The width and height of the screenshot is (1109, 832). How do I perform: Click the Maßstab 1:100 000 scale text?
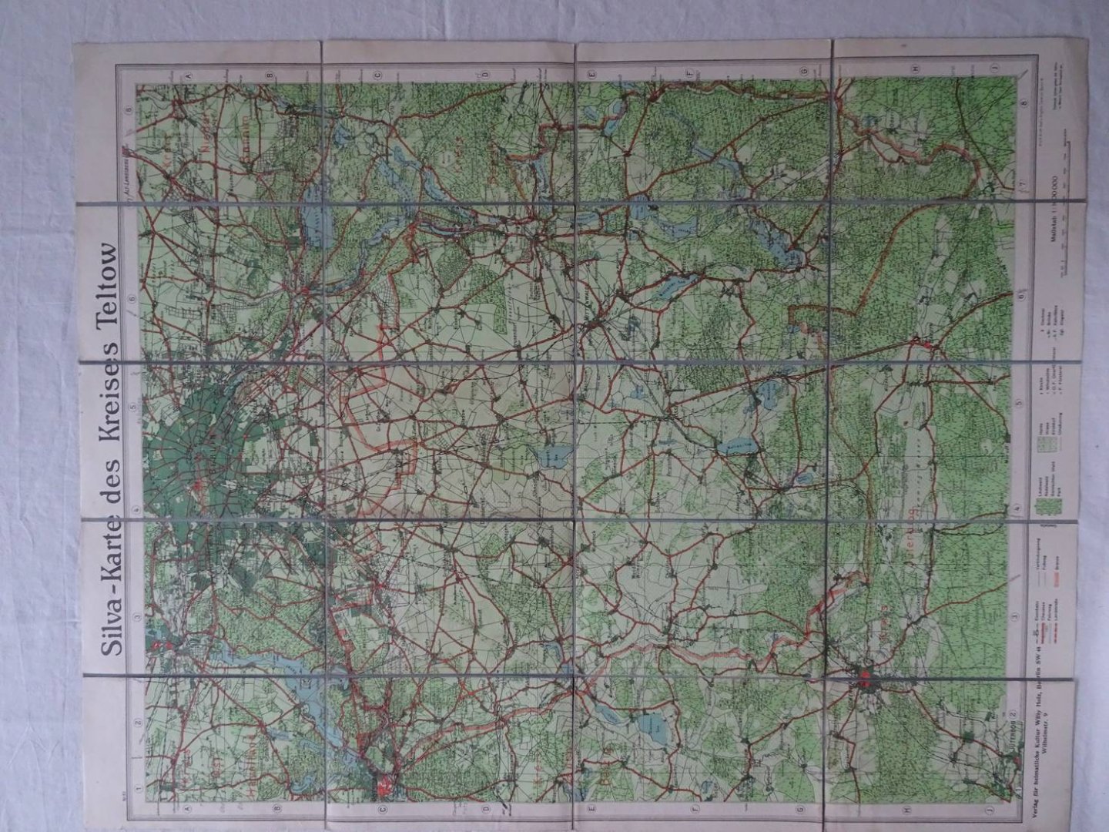[1053, 223]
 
